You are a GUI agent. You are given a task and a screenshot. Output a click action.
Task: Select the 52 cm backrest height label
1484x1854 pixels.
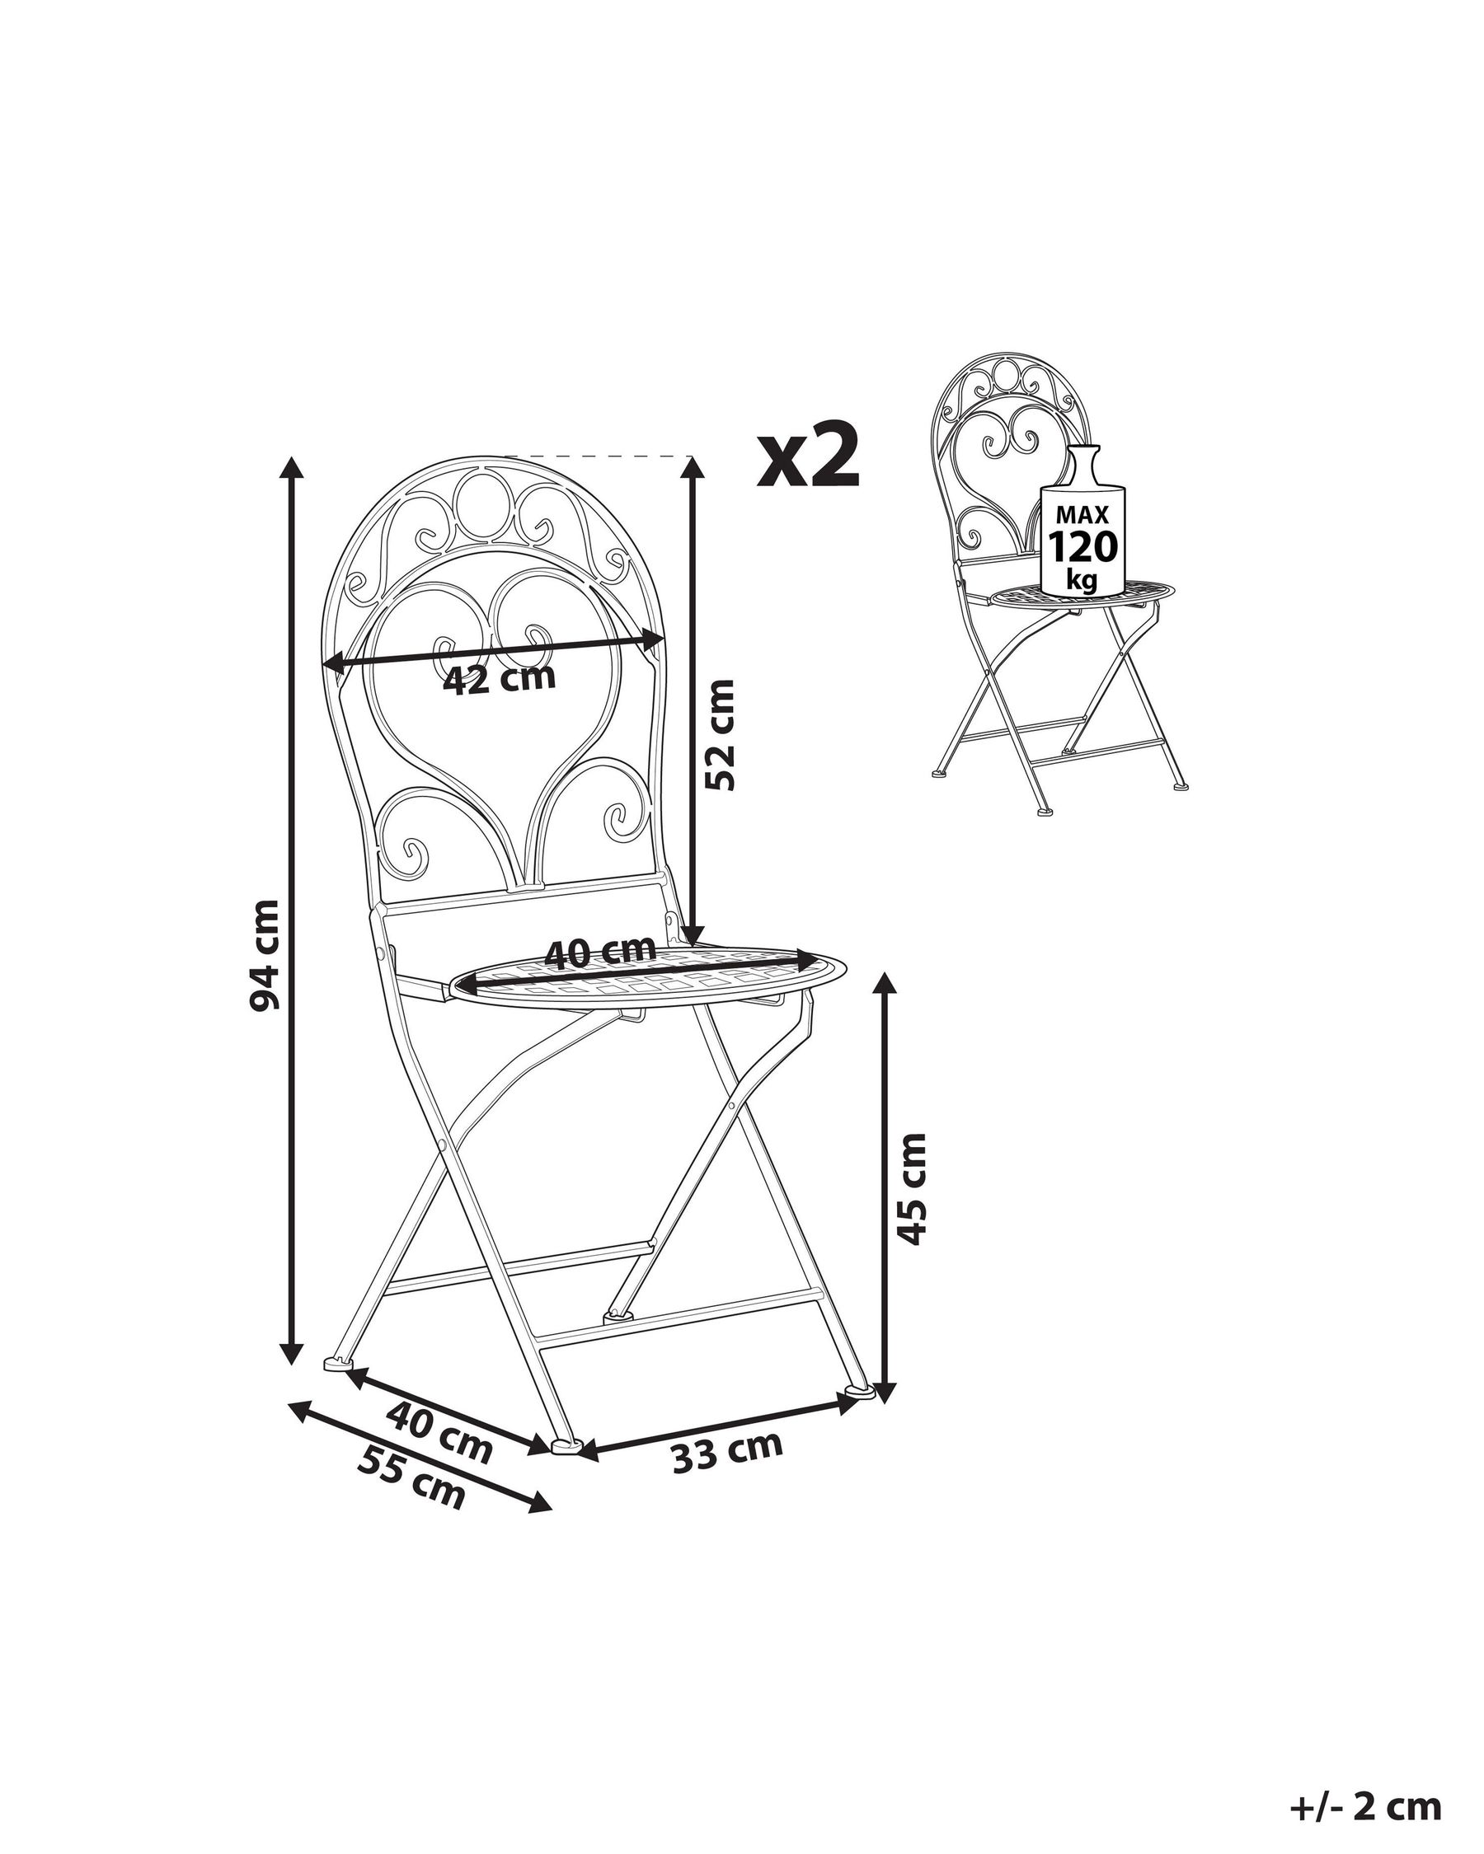[720, 734]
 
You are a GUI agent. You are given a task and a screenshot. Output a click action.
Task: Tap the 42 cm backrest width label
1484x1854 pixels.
[500, 679]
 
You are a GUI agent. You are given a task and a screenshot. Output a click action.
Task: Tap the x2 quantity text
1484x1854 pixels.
[809, 456]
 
